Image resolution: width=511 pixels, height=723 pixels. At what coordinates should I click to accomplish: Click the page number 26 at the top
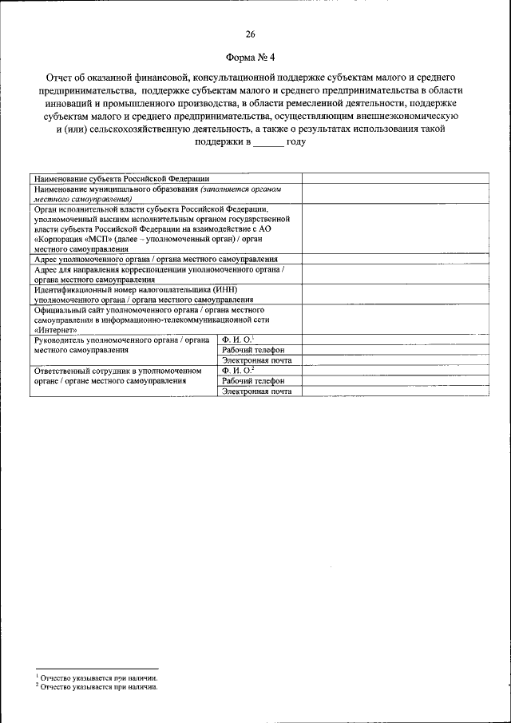pos(250,34)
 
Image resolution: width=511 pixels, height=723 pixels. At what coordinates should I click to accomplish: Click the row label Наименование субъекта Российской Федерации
pos(122,178)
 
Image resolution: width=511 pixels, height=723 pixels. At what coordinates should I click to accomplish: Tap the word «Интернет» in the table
pos(55,329)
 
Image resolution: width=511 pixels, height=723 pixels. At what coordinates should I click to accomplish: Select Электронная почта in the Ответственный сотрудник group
pos(256,391)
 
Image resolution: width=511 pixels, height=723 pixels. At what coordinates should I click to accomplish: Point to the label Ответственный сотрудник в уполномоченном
pos(121,371)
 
